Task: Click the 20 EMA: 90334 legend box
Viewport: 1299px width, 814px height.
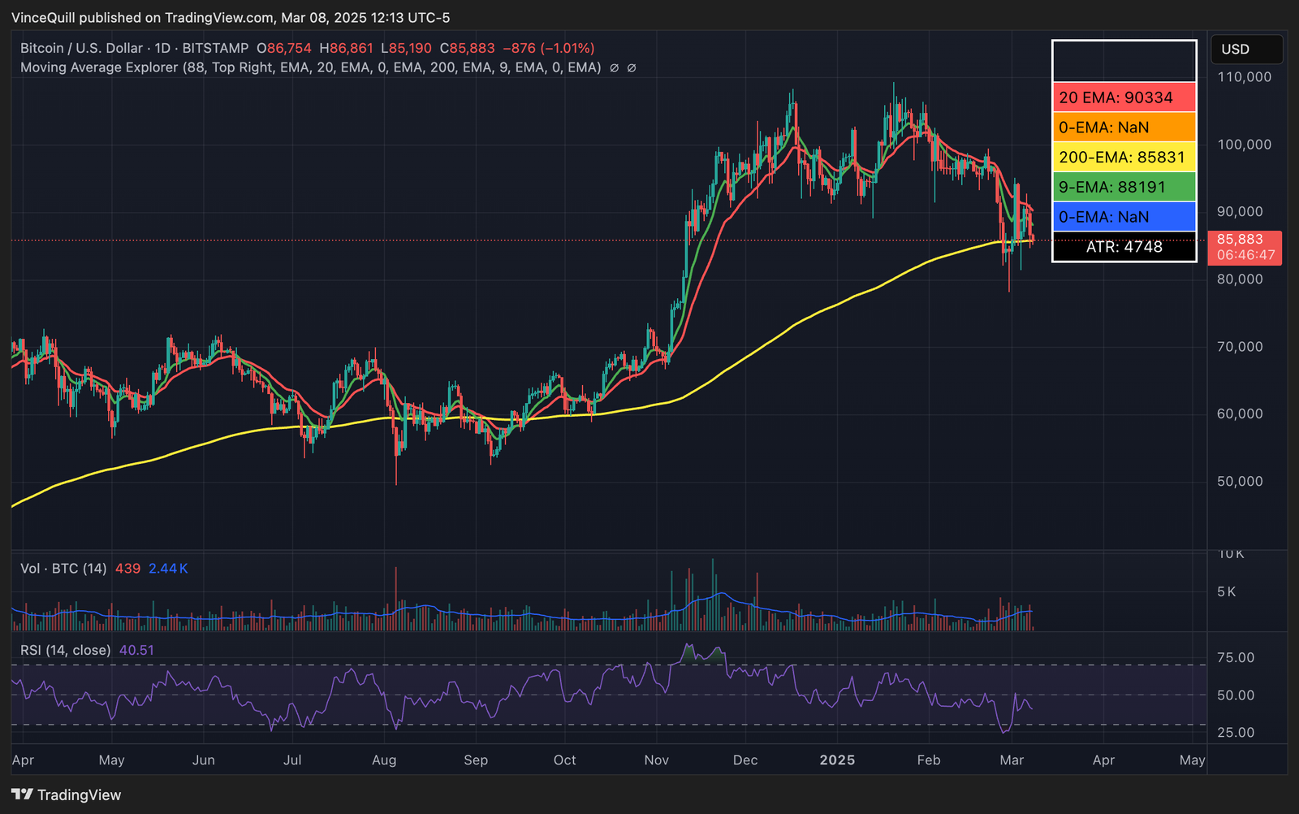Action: (1124, 97)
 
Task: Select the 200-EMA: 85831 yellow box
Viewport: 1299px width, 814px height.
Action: (1124, 157)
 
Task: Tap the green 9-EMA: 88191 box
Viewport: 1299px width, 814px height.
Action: (1124, 187)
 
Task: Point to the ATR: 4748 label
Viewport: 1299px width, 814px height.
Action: (1124, 247)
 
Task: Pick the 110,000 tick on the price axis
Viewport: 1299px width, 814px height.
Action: (1245, 77)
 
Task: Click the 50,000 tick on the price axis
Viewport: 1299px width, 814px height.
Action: (1240, 481)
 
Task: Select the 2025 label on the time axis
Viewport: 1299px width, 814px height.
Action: (837, 760)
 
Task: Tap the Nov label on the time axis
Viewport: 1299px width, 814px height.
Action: (656, 760)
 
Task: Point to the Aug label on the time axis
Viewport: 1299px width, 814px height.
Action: (384, 760)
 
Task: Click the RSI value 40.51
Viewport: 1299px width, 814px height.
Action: (136, 650)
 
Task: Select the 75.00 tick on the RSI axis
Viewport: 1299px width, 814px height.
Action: (1236, 658)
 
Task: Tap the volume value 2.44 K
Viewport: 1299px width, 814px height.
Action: (168, 569)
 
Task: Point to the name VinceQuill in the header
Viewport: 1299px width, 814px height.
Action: (43, 18)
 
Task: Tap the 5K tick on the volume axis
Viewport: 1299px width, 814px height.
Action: (1226, 591)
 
